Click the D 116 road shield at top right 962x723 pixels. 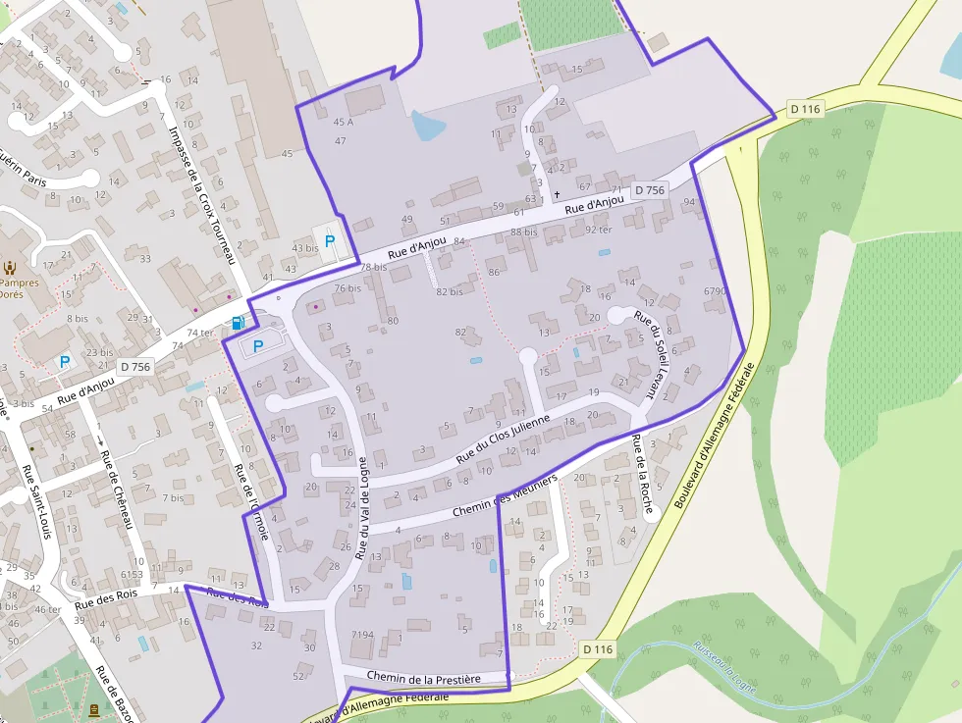804,109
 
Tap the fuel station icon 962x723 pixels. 237,322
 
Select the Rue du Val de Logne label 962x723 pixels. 362,508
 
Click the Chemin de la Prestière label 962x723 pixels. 424,678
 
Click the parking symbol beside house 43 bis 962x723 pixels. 330,240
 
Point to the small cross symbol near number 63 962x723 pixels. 556,196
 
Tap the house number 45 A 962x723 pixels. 343,123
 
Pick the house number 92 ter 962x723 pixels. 598,229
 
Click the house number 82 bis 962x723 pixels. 449,292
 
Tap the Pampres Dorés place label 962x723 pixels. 20,288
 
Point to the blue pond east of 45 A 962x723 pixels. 427,126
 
